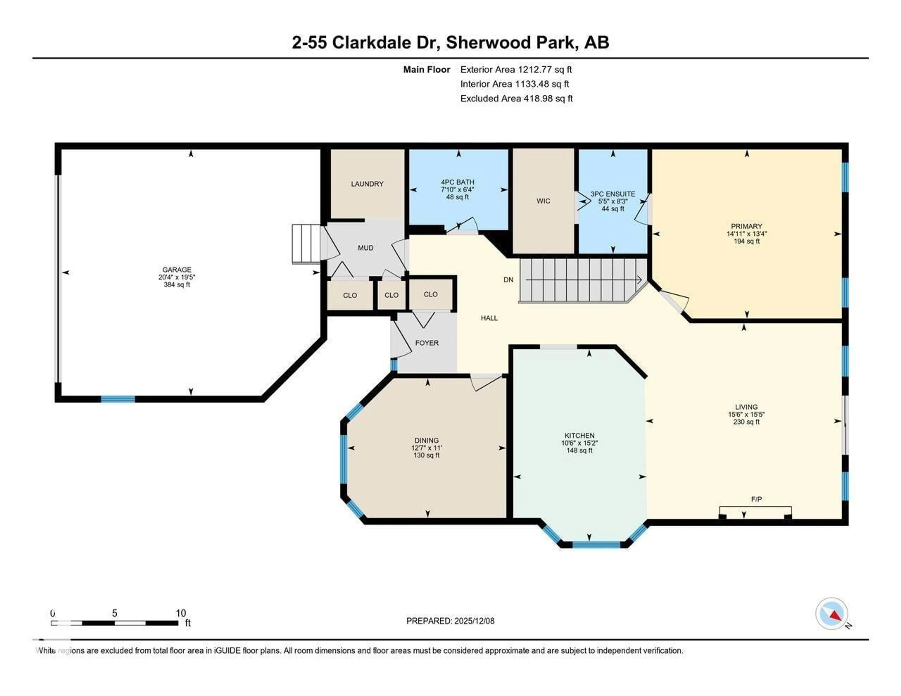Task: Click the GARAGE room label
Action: [177, 269]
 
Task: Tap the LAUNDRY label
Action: [367, 184]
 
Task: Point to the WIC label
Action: [543, 201]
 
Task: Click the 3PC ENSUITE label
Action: [613, 194]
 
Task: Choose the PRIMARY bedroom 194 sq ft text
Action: [746, 241]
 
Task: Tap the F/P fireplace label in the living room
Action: [756, 499]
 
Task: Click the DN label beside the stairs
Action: [508, 280]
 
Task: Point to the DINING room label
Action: [427, 441]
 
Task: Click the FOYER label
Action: [427, 343]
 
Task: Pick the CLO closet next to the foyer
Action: [430, 294]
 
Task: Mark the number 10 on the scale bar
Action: [181, 613]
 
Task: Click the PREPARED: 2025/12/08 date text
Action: [450, 621]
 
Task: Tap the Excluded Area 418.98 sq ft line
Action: [516, 99]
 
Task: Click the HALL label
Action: [489, 318]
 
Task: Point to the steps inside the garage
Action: [306, 243]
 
